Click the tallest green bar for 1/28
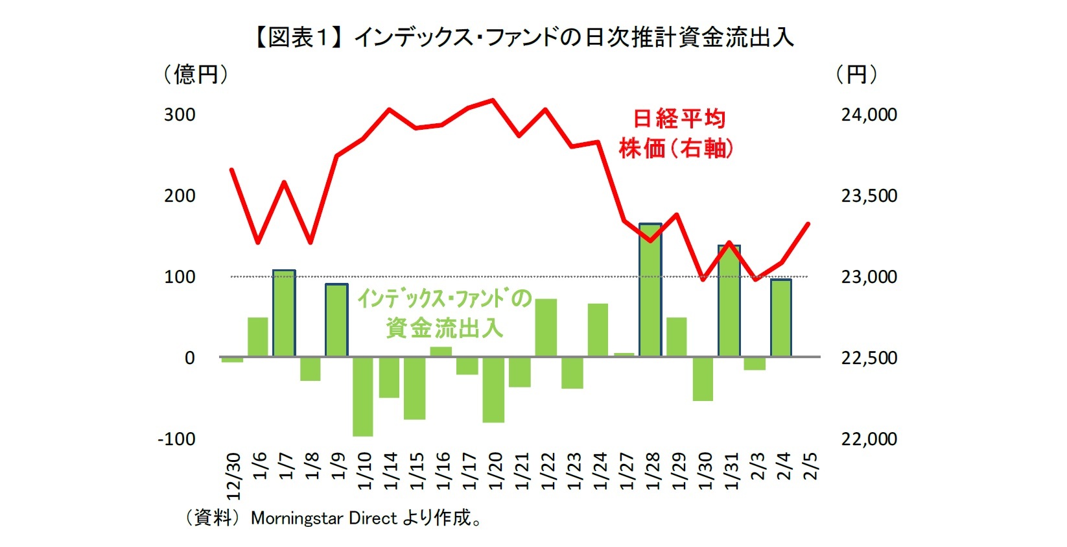pos(650,290)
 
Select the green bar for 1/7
pos(284,313)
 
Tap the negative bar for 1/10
pos(362,396)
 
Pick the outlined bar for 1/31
pos(729,300)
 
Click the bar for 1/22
pos(546,328)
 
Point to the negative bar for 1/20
pos(493,389)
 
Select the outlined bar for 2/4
pos(781,318)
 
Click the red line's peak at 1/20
pos(493,100)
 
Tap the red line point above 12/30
pos(231,169)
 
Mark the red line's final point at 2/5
pos(808,224)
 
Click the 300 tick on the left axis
pos(180,115)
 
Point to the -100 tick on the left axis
pos(176,439)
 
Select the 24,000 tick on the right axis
pos(869,115)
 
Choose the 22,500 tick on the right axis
pos(869,358)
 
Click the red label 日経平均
pos(679,119)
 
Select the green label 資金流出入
pos(444,328)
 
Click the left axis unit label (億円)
pos(195,75)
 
